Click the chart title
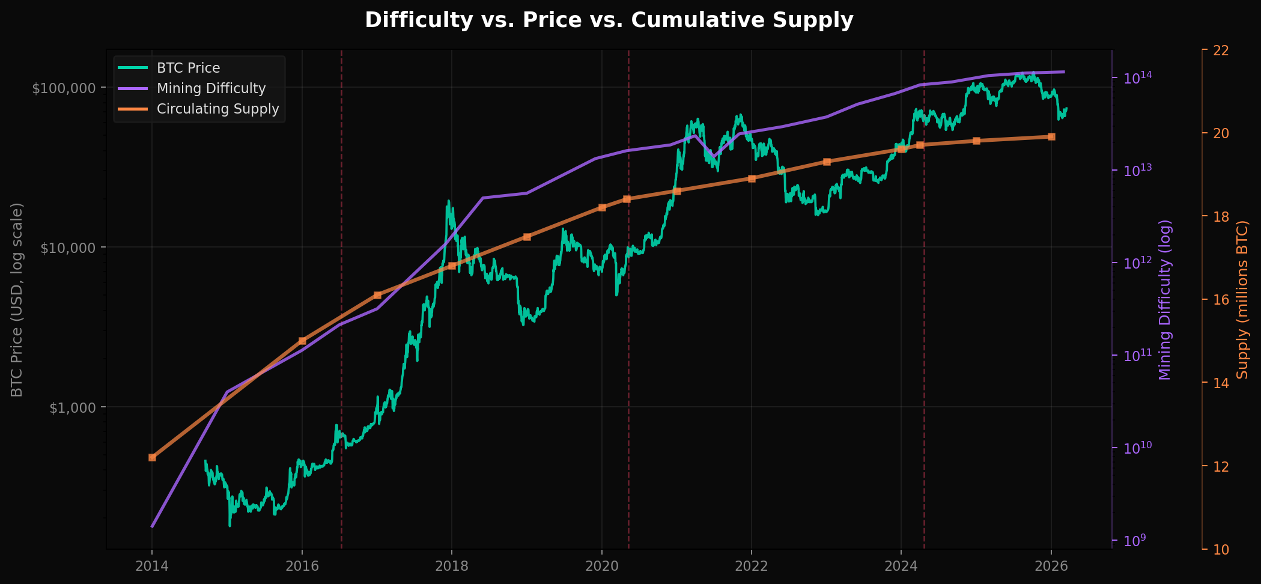(x=609, y=20)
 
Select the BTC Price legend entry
(x=188, y=68)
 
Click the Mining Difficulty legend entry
(x=211, y=88)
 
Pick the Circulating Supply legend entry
(x=217, y=109)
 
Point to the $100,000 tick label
(x=64, y=88)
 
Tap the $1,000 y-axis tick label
(x=72, y=407)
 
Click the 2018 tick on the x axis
(x=452, y=565)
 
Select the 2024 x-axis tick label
(x=901, y=565)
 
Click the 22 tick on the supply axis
(x=1220, y=50)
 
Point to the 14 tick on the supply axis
(x=1220, y=383)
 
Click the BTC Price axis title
(x=17, y=299)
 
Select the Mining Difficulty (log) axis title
(x=1165, y=299)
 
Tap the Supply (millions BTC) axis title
(x=1242, y=299)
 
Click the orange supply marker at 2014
(x=152, y=457)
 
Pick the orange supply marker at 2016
(x=302, y=341)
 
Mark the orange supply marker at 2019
(x=527, y=237)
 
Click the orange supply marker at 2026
(x=1051, y=136)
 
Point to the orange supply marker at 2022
(x=752, y=178)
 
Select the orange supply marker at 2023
(x=827, y=162)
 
